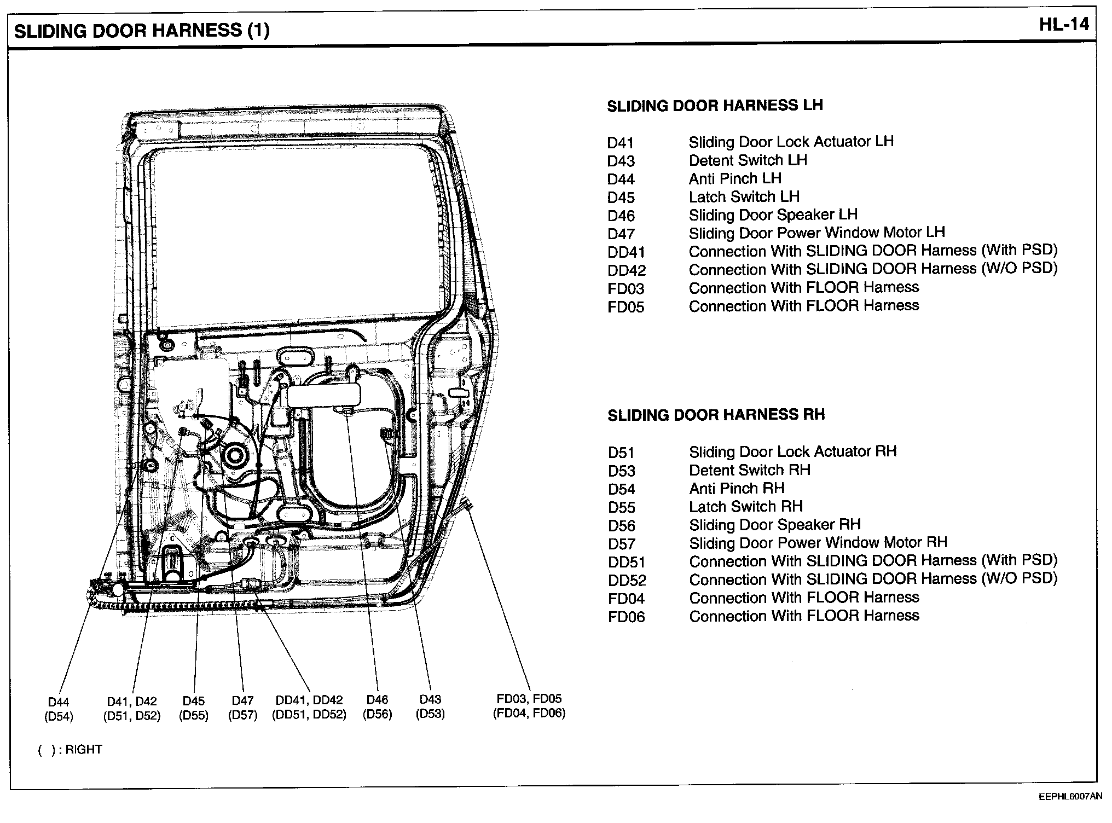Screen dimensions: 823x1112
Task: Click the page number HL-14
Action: tap(1064, 25)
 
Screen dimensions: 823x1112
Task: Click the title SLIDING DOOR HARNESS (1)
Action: tap(142, 31)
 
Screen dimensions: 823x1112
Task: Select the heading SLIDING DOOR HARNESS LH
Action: tap(715, 105)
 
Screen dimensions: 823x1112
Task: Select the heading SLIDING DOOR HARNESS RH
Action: tap(716, 415)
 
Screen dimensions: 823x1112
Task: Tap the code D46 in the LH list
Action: tap(621, 216)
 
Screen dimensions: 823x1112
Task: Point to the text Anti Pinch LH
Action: tap(734, 178)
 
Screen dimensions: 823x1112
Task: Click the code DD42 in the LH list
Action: tap(627, 270)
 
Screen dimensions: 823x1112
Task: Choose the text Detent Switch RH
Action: tap(749, 470)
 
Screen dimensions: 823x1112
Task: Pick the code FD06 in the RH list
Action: tap(626, 617)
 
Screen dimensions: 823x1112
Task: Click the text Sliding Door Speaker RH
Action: tap(774, 525)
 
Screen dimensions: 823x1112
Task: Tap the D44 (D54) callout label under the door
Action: tap(59, 709)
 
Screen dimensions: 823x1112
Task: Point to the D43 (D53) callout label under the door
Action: tap(430, 706)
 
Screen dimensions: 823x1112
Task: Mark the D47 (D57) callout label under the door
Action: tap(242, 708)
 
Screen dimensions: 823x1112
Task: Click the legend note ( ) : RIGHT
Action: tap(69, 749)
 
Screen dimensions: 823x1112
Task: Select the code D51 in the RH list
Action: tap(621, 453)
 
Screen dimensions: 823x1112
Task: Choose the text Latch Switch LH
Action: tap(744, 196)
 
